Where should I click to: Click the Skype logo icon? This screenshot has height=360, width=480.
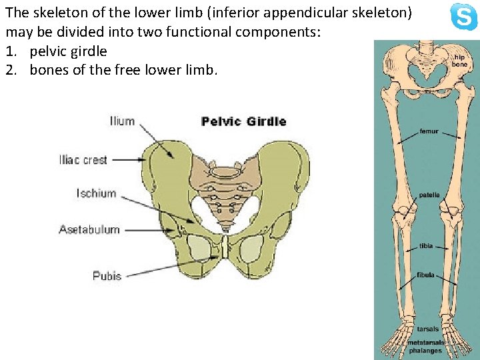point(463,17)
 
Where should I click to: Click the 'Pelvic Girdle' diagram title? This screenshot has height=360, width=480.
point(243,121)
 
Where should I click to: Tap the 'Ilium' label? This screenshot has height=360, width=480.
point(122,121)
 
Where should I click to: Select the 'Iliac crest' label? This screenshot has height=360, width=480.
point(83,160)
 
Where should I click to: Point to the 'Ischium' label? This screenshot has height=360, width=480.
point(96,193)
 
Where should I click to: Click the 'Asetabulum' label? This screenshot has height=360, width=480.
point(89,229)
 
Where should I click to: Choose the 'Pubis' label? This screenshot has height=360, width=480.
point(107,275)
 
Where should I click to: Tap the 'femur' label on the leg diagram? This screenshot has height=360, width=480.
point(429,131)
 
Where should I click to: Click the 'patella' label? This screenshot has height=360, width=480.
point(429,195)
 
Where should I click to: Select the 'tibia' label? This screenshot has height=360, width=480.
point(425,246)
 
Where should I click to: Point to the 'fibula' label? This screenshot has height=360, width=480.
point(425,275)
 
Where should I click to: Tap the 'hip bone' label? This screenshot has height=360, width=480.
point(459,61)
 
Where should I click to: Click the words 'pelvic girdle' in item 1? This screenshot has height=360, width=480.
point(68,51)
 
